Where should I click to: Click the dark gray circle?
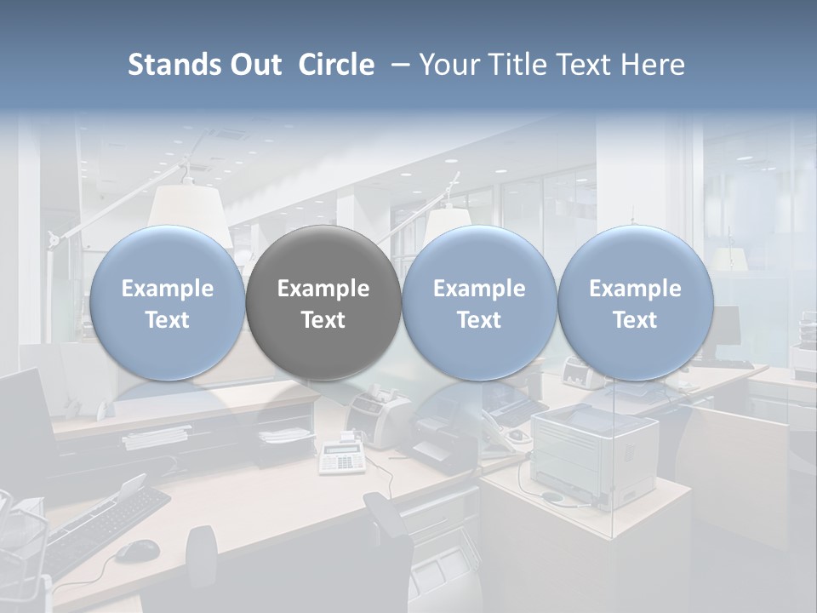[323, 303]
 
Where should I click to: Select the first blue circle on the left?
[167, 303]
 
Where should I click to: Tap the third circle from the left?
[479, 303]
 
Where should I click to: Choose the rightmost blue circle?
[635, 303]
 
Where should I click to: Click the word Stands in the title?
[173, 65]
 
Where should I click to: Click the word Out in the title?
[254, 65]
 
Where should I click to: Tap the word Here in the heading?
[653, 65]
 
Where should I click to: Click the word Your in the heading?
[450, 65]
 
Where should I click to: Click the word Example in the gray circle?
[323, 289]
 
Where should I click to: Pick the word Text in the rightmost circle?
[635, 320]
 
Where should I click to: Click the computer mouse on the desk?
[136, 551]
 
